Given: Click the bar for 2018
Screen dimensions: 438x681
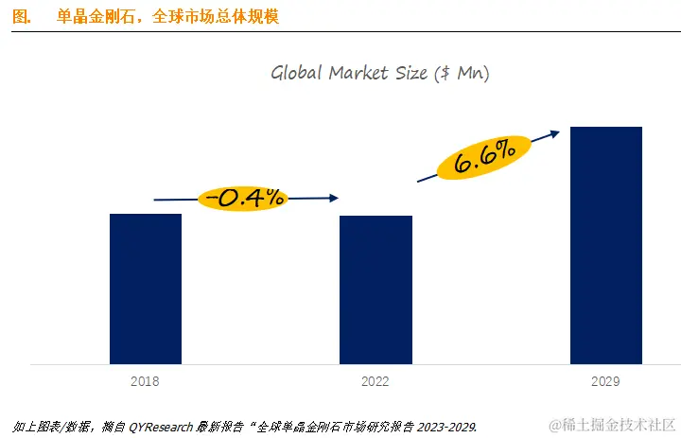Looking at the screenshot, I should click(x=146, y=289).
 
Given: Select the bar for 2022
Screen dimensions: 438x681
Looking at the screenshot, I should click(x=375, y=289).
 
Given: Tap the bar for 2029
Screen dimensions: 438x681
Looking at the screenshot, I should click(x=605, y=245).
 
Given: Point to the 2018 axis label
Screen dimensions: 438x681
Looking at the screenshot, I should click(x=146, y=382).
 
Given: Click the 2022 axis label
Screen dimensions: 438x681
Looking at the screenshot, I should click(x=375, y=382).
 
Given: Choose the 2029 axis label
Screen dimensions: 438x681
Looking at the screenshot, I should click(x=605, y=382).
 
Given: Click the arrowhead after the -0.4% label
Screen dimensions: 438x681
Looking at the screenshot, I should click(x=333, y=199).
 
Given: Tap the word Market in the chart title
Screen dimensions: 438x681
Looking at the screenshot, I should click(x=361, y=73).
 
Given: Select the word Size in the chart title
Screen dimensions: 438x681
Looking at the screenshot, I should click(x=417, y=73).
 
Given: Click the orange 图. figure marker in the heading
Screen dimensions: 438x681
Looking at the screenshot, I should click(x=24, y=17).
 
